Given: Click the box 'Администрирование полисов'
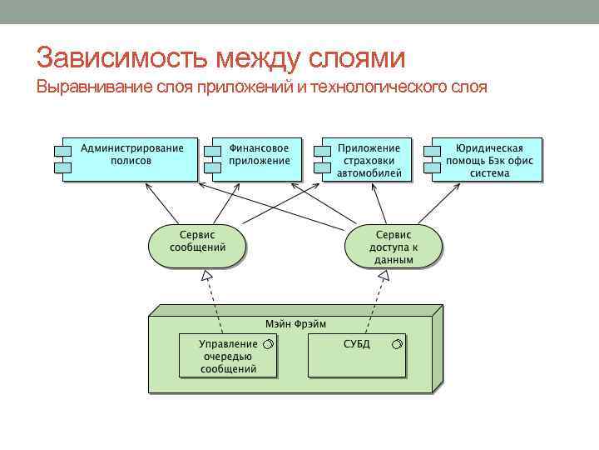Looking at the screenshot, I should (131, 157).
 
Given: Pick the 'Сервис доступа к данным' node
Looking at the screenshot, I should (394, 245).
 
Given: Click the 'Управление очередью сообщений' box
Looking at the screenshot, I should (227, 356).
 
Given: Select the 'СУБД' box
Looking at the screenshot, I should (358, 356).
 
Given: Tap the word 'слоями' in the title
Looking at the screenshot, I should (358, 58).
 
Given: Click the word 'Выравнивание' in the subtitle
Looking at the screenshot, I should (88, 87).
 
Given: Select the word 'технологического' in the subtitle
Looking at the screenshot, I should (379, 87).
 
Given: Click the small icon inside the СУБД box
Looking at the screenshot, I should (397, 344).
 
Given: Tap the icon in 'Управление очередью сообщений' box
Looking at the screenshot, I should (267, 344).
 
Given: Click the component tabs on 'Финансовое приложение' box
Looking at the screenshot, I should (213, 158).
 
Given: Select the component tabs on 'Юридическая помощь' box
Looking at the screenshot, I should (432, 158).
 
